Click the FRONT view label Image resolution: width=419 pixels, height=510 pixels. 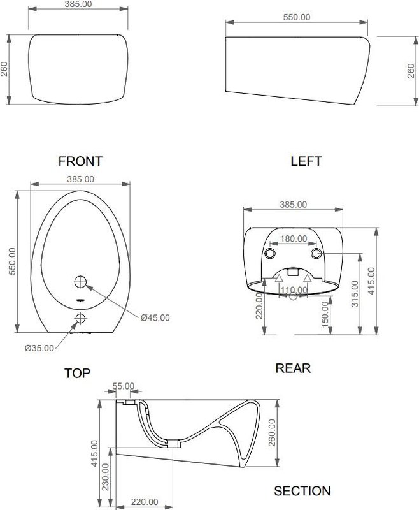[x=80, y=161]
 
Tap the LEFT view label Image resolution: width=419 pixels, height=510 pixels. [x=306, y=161]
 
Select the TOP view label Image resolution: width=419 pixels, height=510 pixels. [x=77, y=373]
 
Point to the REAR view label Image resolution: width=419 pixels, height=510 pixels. [x=293, y=368]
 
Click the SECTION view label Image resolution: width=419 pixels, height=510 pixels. [x=302, y=491]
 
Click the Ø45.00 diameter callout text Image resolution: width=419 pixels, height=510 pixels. [x=155, y=317]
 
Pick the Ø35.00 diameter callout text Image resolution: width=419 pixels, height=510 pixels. [x=39, y=348]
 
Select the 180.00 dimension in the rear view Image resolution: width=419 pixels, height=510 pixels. [x=294, y=238]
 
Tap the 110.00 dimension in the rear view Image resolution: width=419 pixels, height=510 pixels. [x=294, y=290]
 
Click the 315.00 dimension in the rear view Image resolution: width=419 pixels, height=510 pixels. [x=355, y=294]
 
